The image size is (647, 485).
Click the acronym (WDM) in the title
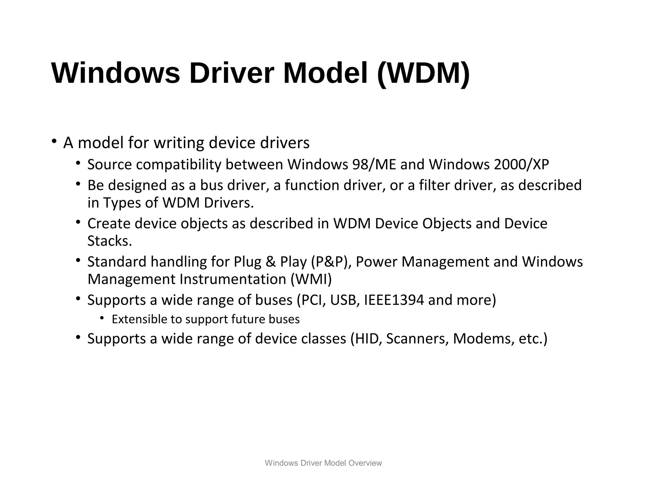coord(423,74)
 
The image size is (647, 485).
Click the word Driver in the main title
coord(230,74)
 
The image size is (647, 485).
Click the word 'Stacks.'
coord(110,241)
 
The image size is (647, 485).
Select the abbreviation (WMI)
coord(311,279)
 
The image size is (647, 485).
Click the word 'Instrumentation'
coord(233,279)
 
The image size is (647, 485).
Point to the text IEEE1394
coord(394,300)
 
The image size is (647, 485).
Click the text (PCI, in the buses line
coord(311,300)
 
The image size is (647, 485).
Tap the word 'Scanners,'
coord(417,338)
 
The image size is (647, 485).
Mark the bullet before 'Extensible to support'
coord(102,318)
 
